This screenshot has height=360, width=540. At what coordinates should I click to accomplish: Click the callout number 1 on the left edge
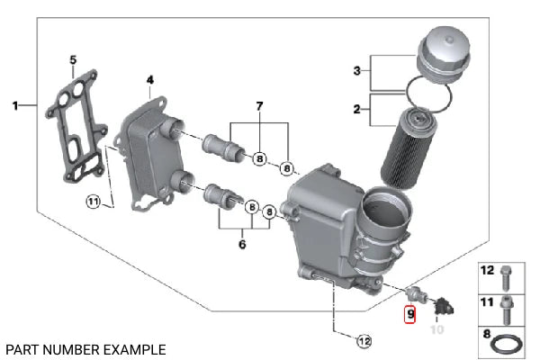click(14, 106)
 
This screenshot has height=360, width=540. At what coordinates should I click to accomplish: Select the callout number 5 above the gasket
click(72, 60)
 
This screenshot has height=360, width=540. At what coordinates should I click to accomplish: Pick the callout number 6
click(242, 244)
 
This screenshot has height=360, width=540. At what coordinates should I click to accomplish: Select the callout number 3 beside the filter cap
click(356, 70)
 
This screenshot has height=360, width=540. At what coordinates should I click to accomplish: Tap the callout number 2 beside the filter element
click(356, 110)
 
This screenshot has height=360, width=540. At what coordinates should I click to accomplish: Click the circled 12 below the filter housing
click(363, 341)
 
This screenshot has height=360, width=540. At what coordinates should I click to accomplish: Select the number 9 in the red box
click(409, 315)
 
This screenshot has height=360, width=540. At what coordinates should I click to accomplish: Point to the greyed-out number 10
click(436, 329)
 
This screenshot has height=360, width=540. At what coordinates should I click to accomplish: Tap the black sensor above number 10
click(443, 310)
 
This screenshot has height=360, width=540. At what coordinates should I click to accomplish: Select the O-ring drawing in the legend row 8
click(507, 343)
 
